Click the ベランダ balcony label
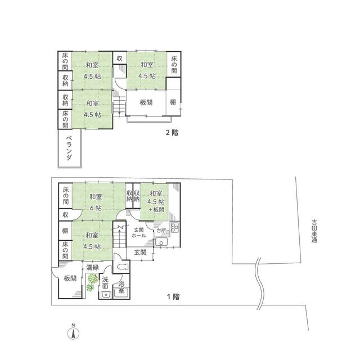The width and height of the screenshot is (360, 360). coord(69,148)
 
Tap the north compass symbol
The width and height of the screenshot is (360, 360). coord(73,332)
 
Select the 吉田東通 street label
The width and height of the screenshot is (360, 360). coord(314,231)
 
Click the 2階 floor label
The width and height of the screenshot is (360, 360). coord(172,133)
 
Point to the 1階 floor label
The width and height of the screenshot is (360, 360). coord(173,296)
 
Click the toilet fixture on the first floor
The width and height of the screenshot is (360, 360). coord(122,267)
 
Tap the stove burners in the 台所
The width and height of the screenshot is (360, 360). coord(175,227)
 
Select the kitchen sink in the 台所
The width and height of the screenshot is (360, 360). coord(162,242)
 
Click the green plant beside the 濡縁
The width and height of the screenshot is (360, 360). coord(91,282)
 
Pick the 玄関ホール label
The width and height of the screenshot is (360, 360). coord(139,232)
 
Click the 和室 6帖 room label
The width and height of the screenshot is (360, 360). coord(96,202)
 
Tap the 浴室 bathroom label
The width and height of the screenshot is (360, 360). coord(121,287)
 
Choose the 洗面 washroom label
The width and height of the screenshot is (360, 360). coord(105,282)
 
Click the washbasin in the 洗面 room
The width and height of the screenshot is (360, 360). coord(106,294)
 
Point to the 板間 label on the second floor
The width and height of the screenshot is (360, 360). coord(146,102)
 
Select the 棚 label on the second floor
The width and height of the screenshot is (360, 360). coord(173,102)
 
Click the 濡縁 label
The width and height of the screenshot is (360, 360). coord(92,267)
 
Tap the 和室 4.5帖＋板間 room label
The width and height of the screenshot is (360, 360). coord(156,201)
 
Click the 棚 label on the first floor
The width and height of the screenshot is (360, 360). coord(65,231)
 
